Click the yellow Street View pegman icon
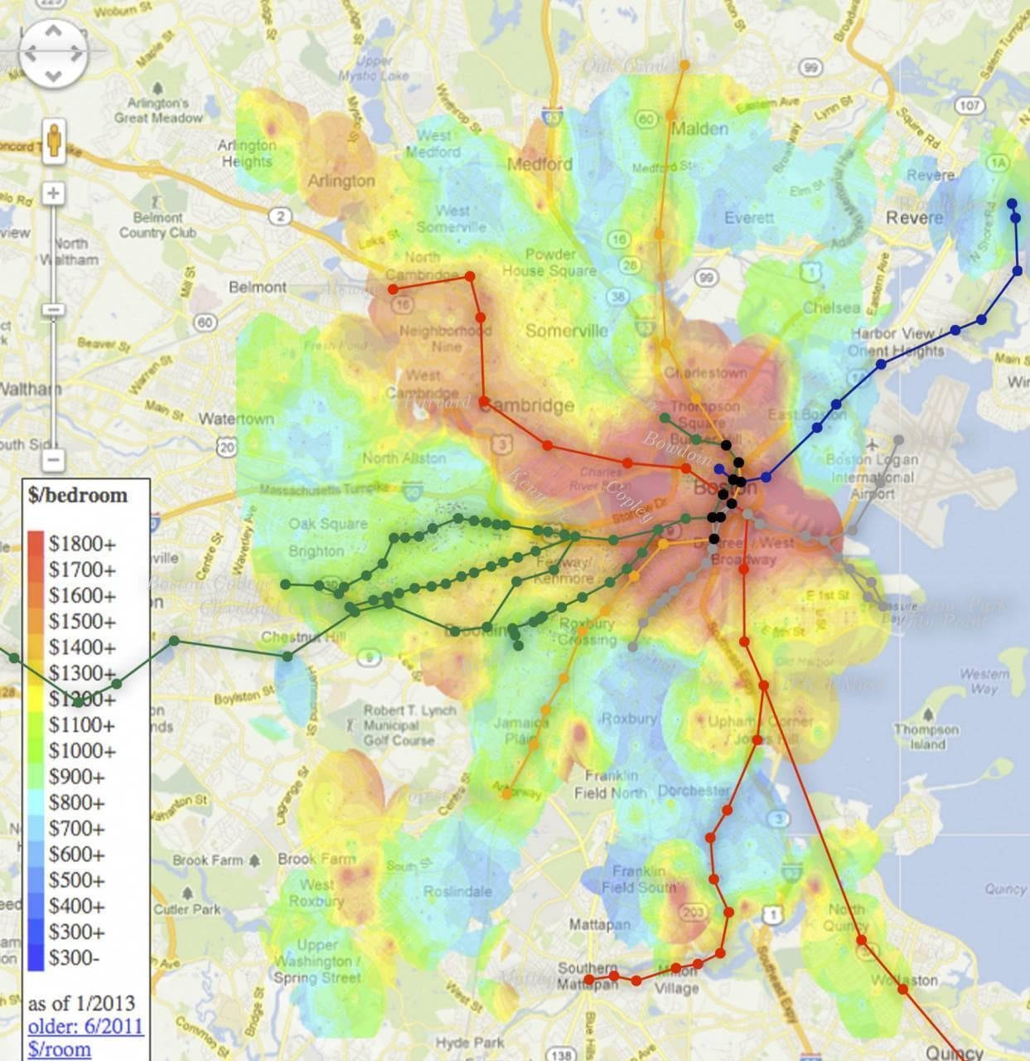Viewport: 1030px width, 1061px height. pos(55,140)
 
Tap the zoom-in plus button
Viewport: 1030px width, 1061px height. pos(53,194)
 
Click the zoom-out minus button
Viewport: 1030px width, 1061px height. pos(53,458)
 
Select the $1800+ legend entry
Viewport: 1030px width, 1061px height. pos(82,544)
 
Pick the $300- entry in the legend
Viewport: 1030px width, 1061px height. pos(74,958)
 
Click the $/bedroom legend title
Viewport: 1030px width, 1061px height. pos(78,496)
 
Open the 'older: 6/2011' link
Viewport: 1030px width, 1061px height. pos(85,1026)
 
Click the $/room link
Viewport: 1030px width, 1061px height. pos(59,1049)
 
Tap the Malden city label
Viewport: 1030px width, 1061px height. pos(699,128)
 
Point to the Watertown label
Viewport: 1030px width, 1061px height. pos(235,419)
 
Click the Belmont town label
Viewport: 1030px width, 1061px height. pos(257,287)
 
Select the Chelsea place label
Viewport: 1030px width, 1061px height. pos(831,308)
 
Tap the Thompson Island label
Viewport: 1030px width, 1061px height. pos(926,736)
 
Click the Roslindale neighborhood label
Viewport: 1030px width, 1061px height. pos(457,891)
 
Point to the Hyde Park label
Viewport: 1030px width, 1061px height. pos(464,1042)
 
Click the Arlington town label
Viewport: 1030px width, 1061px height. pos(341,181)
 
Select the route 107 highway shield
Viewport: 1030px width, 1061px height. pos(969,105)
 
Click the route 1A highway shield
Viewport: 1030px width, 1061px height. pos(999,163)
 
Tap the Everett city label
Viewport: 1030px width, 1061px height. pos(749,218)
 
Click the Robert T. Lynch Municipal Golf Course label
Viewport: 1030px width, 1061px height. pos(409,724)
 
